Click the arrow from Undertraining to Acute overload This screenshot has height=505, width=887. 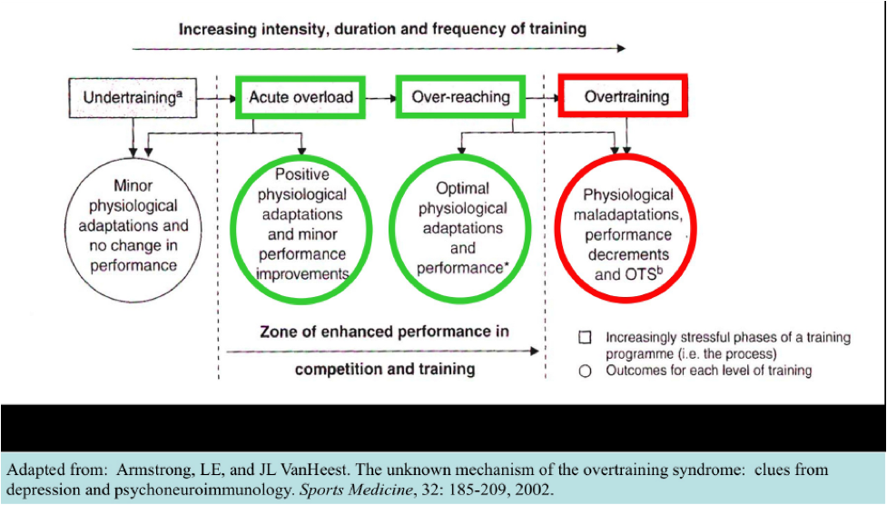[x=217, y=98]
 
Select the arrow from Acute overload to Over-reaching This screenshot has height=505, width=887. [x=381, y=98]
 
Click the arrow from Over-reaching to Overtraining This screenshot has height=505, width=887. [x=542, y=98]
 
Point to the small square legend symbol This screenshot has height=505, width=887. [x=585, y=337]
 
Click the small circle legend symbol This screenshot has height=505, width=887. [x=585, y=371]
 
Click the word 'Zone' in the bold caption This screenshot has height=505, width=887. [x=280, y=332]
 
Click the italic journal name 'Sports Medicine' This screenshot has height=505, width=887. [x=355, y=490]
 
